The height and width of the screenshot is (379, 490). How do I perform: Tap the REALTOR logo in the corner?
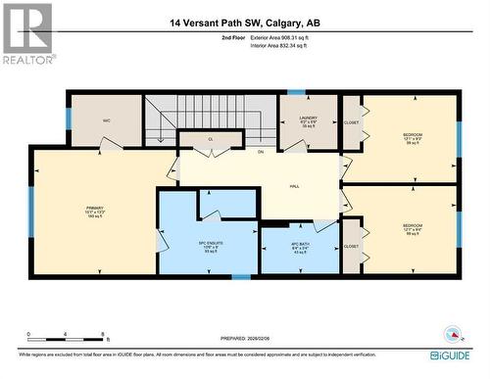27,33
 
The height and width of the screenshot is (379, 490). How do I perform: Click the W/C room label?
107,121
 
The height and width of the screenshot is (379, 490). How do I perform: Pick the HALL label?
293,185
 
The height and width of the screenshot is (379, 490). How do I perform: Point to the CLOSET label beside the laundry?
351,123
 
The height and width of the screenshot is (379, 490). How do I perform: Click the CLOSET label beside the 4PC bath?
351,247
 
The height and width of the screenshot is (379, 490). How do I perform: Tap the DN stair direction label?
261,153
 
